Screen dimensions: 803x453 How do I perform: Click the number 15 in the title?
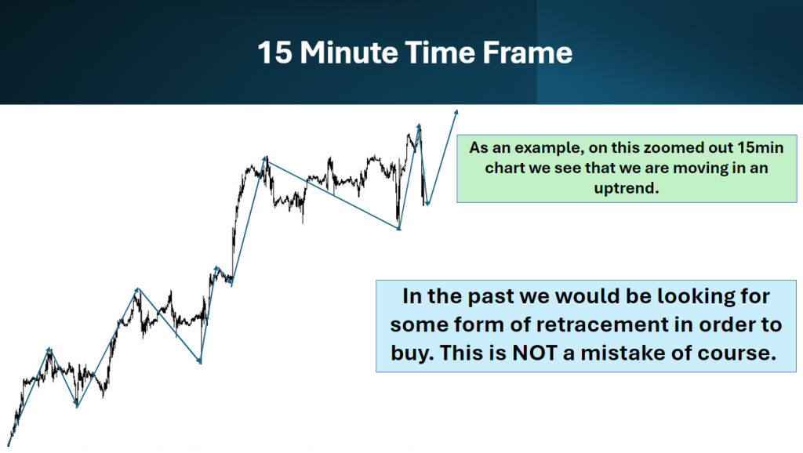[275, 53]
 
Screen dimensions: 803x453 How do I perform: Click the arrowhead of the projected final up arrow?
[456, 112]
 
